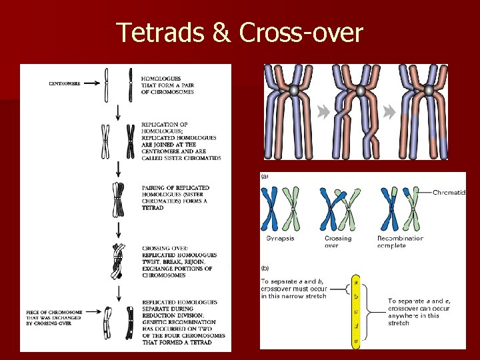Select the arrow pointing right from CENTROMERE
click(95, 83)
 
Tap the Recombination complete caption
click(400, 241)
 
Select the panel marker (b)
click(265, 268)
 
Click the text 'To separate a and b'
click(293, 282)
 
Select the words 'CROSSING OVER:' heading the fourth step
click(163, 249)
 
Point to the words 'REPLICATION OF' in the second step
click(164, 125)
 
